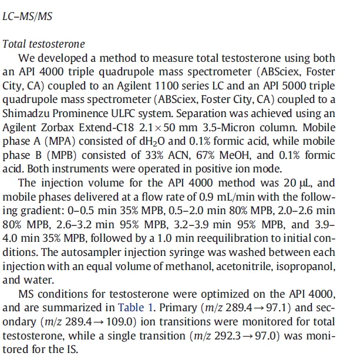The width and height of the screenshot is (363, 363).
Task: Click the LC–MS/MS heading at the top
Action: click(28, 16)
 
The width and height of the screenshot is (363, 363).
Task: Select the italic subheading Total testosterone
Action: click(44, 44)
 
